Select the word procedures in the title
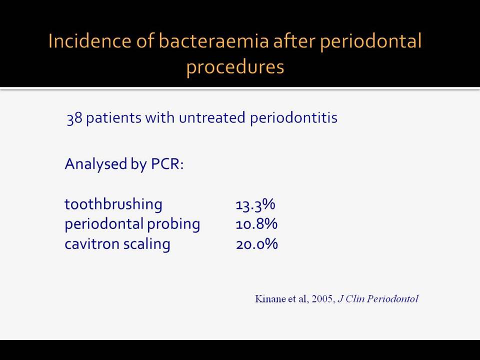[x=235, y=67]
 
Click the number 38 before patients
[x=74, y=118]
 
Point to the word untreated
[x=212, y=117]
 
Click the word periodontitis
[x=293, y=118]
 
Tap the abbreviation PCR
[x=167, y=164]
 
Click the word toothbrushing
[x=113, y=204]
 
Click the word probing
[x=173, y=224]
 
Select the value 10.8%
[x=256, y=224]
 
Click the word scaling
[x=146, y=244]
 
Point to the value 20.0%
[x=257, y=244]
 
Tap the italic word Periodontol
[x=392, y=299]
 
